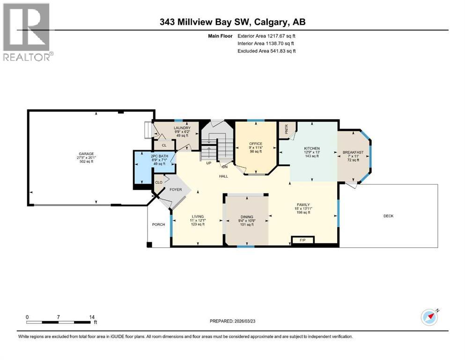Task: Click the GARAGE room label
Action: pyautogui.click(x=86, y=154)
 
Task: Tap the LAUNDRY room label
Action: pyautogui.click(x=182, y=128)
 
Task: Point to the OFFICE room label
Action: pyautogui.click(x=256, y=143)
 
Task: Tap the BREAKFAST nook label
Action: pyautogui.click(x=353, y=152)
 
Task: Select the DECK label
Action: pyautogui.click(x=388, y=216)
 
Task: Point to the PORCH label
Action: pyautogui.click(x=158, y=225)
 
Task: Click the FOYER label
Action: pyautogui.click(x=175, y=190)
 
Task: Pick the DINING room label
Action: pyautogui.click(x=246, y=217)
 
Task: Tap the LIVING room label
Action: pyautogui.click(x=197, y=217)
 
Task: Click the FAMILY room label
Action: pyautogui.click(x=303, y=205)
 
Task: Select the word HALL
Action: pyautogui.click(x=223, y=176)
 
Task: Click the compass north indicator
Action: pyautogui.click(x=429, y=318)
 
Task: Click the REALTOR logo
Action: pyautogui.click(x=28, y=32)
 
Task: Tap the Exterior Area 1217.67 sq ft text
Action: pyautogui.click(x=266, y=35)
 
